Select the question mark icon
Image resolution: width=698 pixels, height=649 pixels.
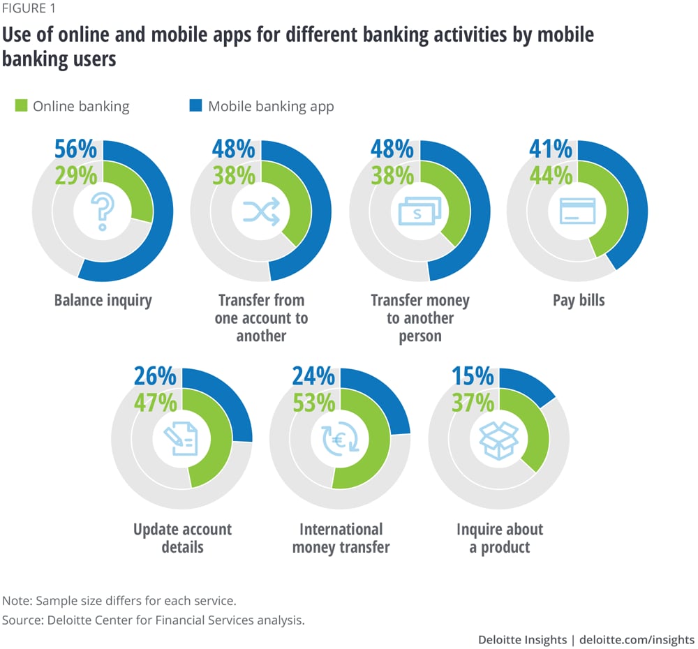click(103, 210)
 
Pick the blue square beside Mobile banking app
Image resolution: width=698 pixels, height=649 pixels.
click(195, 107)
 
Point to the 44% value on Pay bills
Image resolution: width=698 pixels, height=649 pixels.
click(551, 176)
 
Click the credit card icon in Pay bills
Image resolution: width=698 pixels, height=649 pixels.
click(577, 210)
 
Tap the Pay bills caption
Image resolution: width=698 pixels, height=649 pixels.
click(579, 301)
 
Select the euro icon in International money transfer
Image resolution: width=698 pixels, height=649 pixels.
click(340, 440)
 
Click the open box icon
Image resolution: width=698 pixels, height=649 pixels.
click(498, 440)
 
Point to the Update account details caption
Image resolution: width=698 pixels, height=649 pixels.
click(182, 537)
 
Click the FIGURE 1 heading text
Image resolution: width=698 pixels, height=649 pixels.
click(31, 9)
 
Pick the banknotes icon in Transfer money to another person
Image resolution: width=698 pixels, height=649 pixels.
click(419, 210)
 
